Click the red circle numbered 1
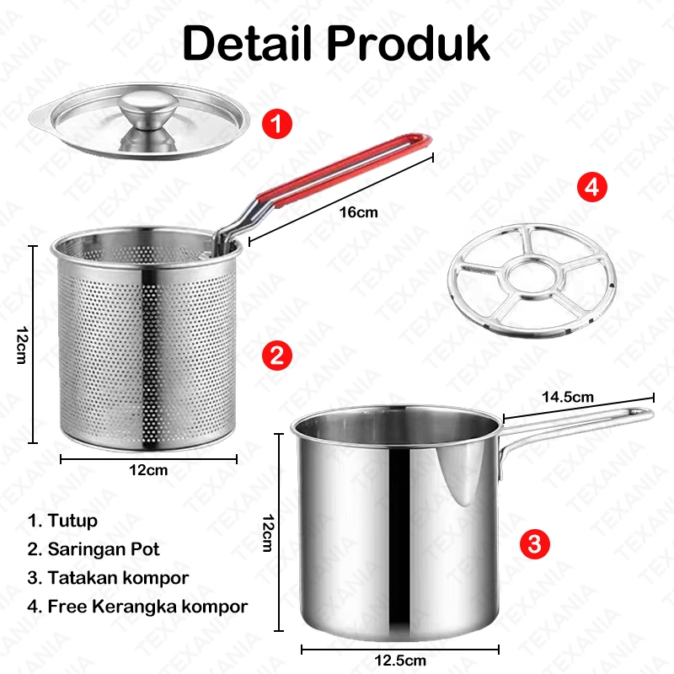pos(277,124)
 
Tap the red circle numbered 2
pos(277,356)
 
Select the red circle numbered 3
pos(535,544)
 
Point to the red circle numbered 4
pos(592,187)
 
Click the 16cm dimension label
pos(359,212)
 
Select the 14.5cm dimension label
pos(567,397)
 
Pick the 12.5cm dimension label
pos(400,661)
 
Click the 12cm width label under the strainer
pos(148,470)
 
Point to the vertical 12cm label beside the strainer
pos(22,345)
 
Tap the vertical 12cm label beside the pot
pos(267,532)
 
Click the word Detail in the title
pos(247,44)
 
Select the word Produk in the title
pos(409,44)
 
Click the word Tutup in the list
pos(72,521)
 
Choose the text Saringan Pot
pos(103,549)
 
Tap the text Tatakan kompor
pos(118,578)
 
